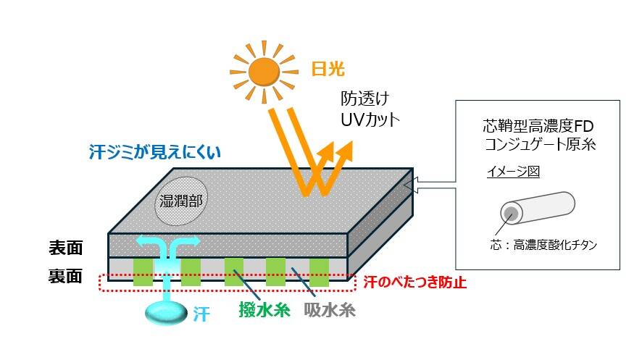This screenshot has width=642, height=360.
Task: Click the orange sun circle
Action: coord(264,70)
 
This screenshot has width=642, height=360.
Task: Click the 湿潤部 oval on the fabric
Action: coord(180,198)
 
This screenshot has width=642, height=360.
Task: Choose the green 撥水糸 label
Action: coord(264,311)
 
